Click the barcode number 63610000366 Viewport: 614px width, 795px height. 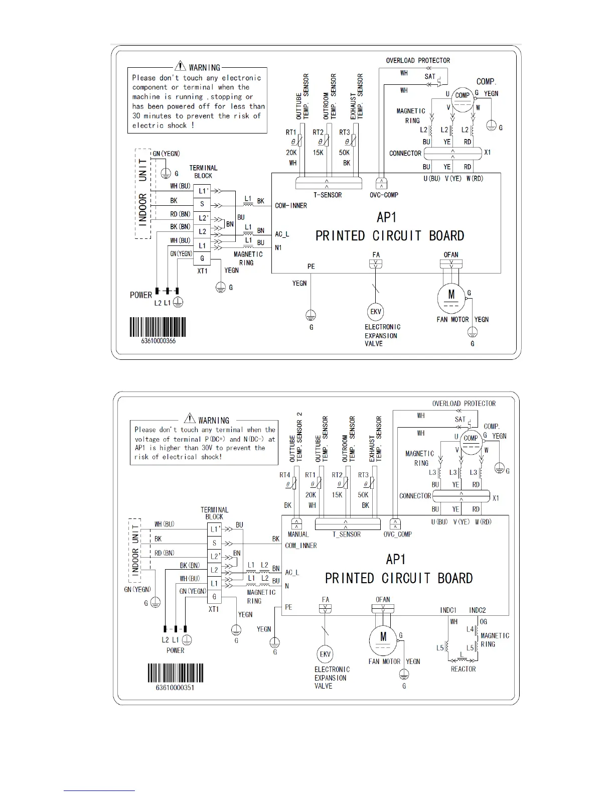[159, 341]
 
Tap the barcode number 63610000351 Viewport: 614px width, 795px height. [175, 688]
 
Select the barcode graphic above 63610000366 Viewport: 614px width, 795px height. [158, 327]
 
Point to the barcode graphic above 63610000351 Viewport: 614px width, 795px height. [175, 673]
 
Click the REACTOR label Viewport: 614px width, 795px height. [463, 669]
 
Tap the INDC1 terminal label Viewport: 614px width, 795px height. [448, 610]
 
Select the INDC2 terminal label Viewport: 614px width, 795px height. [477, 610]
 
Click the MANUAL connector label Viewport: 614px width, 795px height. [298, 535]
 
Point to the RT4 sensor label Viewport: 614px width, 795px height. [284, 475]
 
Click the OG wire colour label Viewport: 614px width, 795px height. [483, 622]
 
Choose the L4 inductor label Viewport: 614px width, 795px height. [470, 629]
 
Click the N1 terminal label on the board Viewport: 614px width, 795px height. [278, 247]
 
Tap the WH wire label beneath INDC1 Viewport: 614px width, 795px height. [453, 622]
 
